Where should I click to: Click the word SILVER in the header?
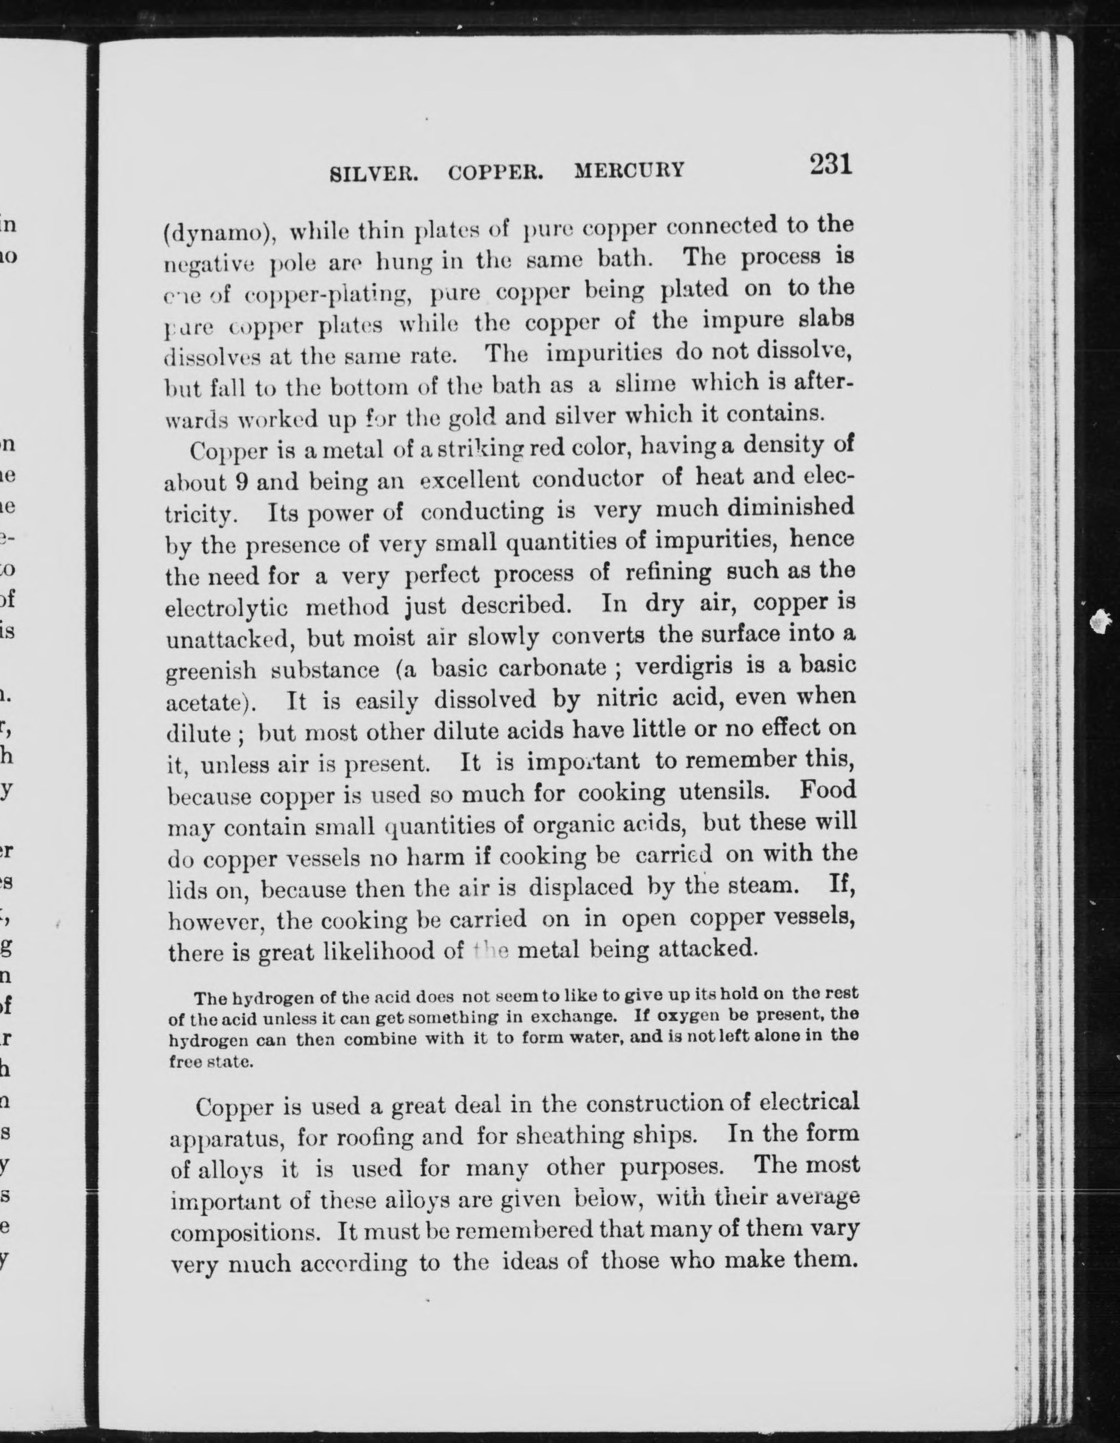(x=374, y=173)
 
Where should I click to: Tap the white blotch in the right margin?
(x=1099, y=620)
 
